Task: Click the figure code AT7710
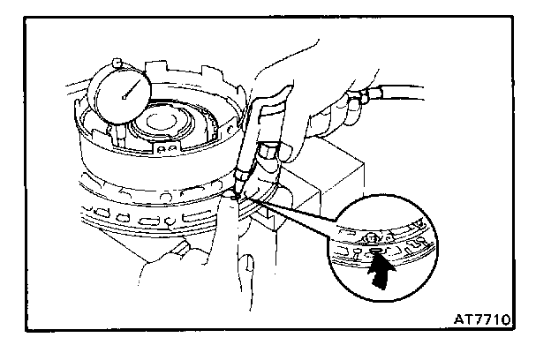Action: pos(484,313)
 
